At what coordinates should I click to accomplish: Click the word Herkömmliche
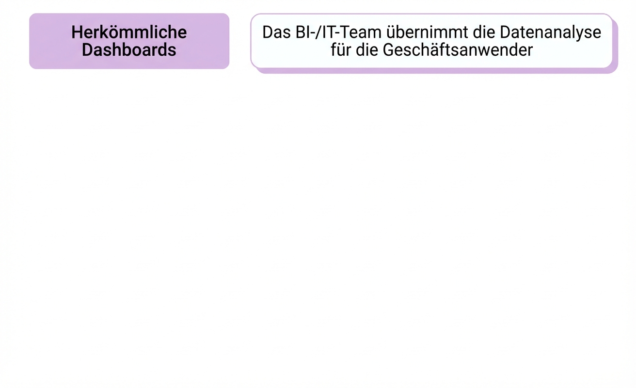click(x=129, y=32)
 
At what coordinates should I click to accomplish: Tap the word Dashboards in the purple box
click(x=129, y=49)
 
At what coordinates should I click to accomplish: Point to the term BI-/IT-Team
click(x=334, y=32)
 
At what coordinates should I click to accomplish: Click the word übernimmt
click(x=412, y=32)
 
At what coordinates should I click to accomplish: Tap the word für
click(x=341, y=49)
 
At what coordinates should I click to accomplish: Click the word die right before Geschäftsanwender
click(x=367, y=49)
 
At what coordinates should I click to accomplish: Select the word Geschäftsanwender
click(x=458, y=49)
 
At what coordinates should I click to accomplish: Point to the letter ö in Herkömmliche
click(x=112, y=32)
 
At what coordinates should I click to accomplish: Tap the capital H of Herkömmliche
click(x=77, y=32)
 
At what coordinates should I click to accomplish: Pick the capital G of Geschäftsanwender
click(x=390, y=49)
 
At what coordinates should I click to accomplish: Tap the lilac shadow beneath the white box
click(x=436, y=71)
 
